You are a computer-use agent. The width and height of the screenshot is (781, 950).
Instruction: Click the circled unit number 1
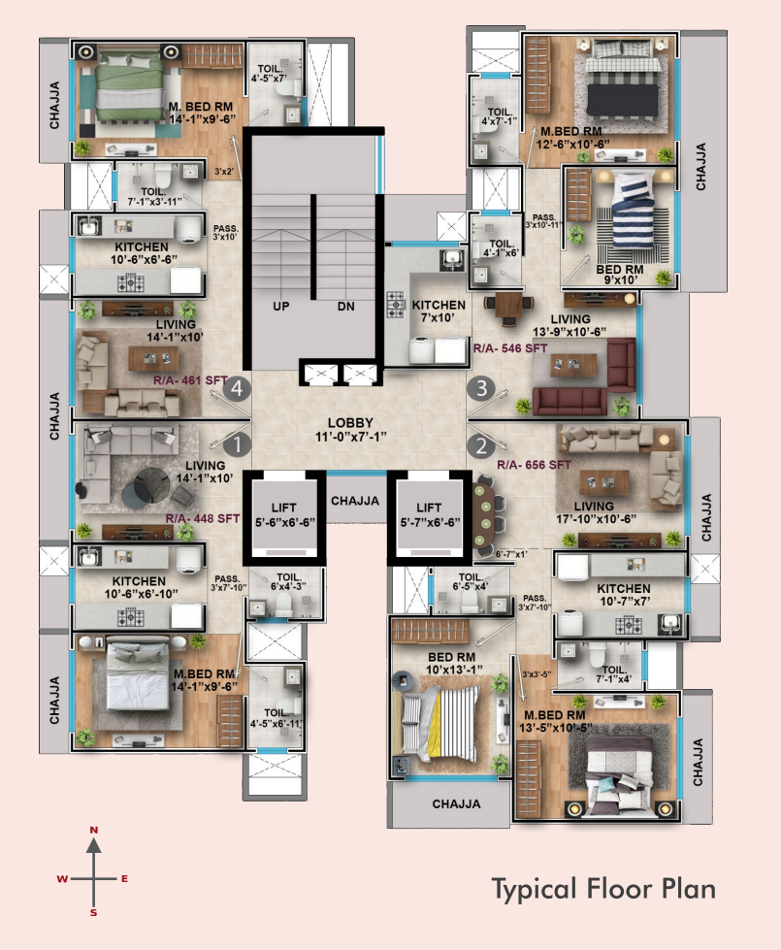235,445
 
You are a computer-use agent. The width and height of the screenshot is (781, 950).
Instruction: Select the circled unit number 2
480,445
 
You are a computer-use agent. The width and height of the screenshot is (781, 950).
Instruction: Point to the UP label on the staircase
281,307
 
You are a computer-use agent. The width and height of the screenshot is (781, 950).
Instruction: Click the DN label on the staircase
345,307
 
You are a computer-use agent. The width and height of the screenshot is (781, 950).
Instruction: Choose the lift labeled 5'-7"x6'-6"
428,514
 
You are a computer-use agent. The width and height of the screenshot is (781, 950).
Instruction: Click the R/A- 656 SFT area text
534,466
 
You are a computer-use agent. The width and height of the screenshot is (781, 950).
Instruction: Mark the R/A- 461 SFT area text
189,381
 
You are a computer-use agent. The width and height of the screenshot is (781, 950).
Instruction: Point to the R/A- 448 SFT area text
202,519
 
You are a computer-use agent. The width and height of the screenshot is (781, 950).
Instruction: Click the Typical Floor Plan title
602,888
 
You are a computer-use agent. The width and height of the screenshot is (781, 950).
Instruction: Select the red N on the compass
94,831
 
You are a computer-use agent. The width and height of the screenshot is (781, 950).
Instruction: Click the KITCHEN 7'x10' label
439,311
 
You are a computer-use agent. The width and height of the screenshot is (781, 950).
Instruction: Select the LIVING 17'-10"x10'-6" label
593,512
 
